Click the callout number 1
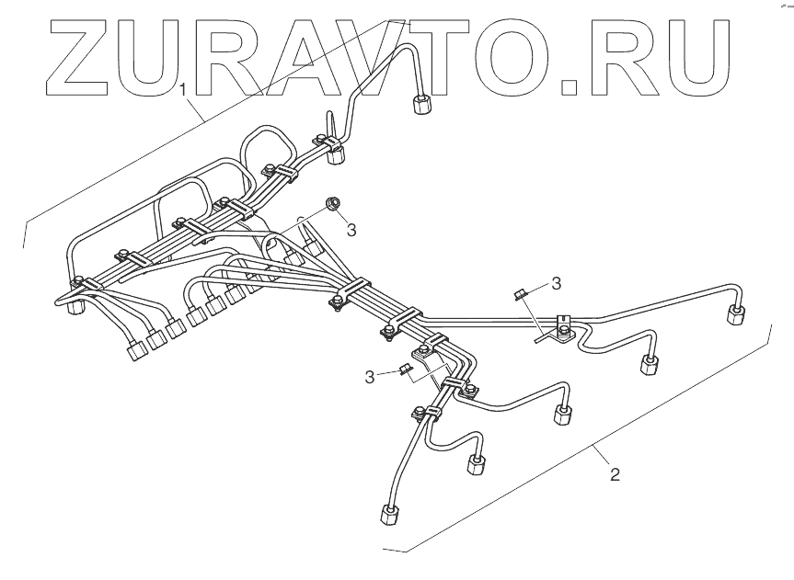coord(186,90)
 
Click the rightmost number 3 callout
coord(556,280)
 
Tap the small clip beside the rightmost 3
coord(520,294)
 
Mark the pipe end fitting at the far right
coord(736,315)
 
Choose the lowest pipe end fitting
coord(386,517)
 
